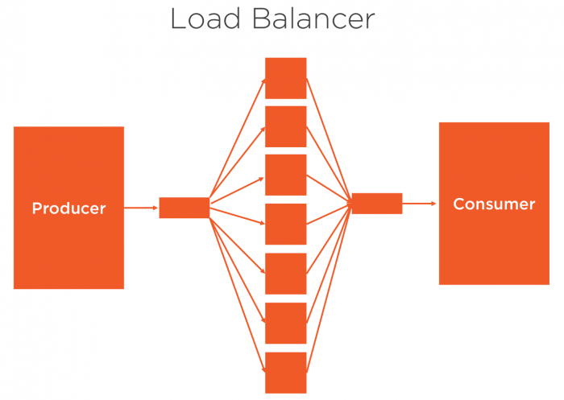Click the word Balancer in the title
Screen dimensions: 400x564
pos(311,19)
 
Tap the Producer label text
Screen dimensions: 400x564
pos(68,208)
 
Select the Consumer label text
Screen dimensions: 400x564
pos(494,204)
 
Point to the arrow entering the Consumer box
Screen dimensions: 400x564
pos(420,204)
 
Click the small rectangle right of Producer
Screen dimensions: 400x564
pos(184,208)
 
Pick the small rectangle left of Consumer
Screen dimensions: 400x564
pos(377,204)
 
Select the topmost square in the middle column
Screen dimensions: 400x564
pos(286,78)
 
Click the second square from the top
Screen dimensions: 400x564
pos(286,126)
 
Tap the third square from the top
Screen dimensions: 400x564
pos(286,175)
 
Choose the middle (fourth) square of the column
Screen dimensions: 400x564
pos(286,224)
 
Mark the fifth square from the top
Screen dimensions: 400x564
pos(286,274)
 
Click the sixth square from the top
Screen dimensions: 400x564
pos(286,323)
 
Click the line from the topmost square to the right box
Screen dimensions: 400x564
pos(328,137)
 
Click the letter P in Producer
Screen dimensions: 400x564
pos(36,208)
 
